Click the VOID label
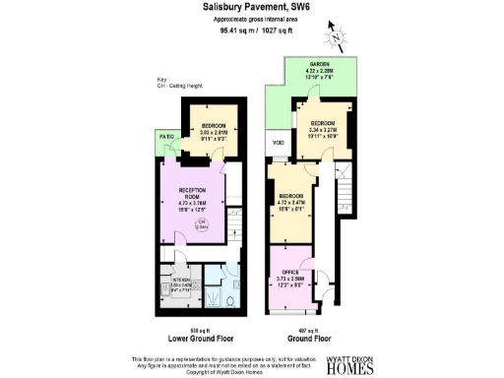[279, 149]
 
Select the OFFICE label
[290, 272]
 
